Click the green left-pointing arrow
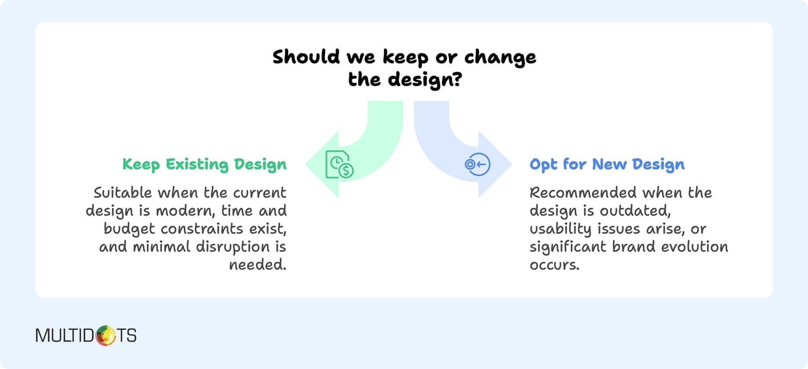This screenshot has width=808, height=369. (x=378, y=145)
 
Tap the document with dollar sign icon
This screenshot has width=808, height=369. (x=339, y=165)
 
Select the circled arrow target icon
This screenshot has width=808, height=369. (x=477, y=164)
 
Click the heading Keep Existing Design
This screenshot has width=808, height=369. (x=204, y=164)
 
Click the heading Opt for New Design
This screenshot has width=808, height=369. (x=607, y=164)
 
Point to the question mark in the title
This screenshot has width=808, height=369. (x=457, y=79)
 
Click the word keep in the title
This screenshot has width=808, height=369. (x=405, y=57)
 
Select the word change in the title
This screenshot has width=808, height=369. (x=500, y=57)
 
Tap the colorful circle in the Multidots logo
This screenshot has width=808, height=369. (x=106, y=336)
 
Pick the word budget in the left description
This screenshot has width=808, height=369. (x=129, y=229)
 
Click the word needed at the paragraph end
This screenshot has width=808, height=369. (x=257, y=265)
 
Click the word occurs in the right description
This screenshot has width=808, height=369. (x=554, y=265)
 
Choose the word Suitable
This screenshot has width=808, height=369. (x=123, y=192)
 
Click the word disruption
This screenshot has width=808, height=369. (x=233, y=247)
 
